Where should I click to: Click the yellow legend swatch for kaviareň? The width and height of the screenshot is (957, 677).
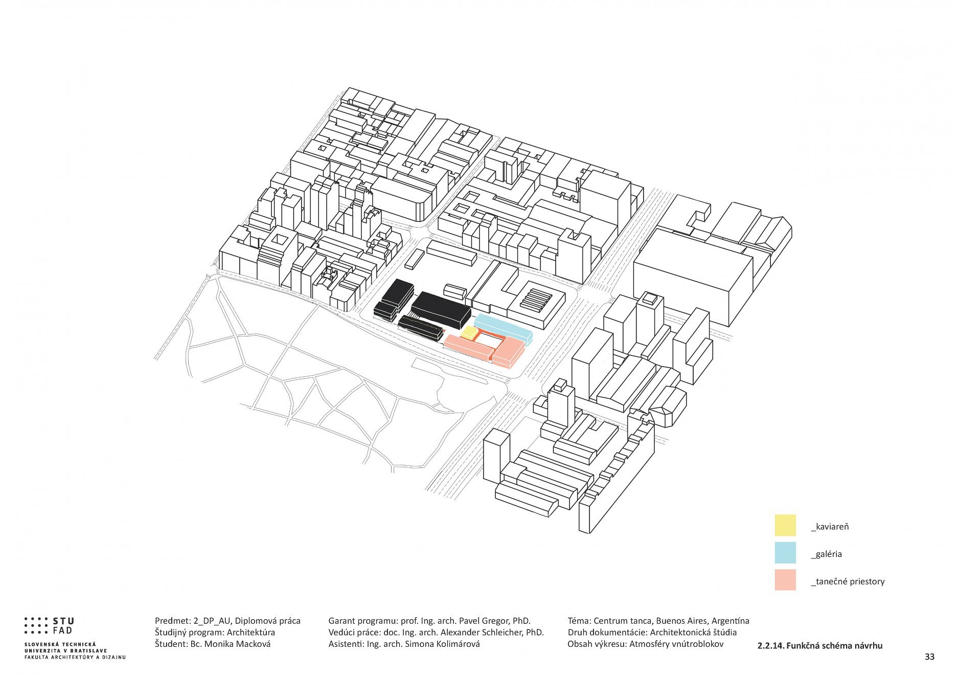tap(785, 525)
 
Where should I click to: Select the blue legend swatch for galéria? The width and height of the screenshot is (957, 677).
tap(785, 553)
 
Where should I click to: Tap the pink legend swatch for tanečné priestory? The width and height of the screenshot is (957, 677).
tap(785, 580)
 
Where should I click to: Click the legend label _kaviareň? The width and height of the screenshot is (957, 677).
tap(830, 527)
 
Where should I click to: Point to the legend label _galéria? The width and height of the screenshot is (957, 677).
tap(826, 554)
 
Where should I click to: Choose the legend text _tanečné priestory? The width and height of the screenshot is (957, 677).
tap(848, 582)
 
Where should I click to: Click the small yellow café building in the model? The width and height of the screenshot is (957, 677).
tap(469, 332)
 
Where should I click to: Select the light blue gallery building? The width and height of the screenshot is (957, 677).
tap(504, 328)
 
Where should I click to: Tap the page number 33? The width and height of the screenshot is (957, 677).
tap(929, 657)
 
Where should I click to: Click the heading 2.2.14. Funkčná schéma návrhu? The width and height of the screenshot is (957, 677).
tap(819, 646)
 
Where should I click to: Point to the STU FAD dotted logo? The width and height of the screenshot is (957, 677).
tap(49, 625)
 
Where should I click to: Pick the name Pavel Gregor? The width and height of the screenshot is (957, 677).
tap(481, 621)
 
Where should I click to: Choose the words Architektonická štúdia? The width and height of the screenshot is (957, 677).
tap(693, 633)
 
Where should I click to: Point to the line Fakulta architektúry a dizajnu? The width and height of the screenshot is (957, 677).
tap(75, 658)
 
